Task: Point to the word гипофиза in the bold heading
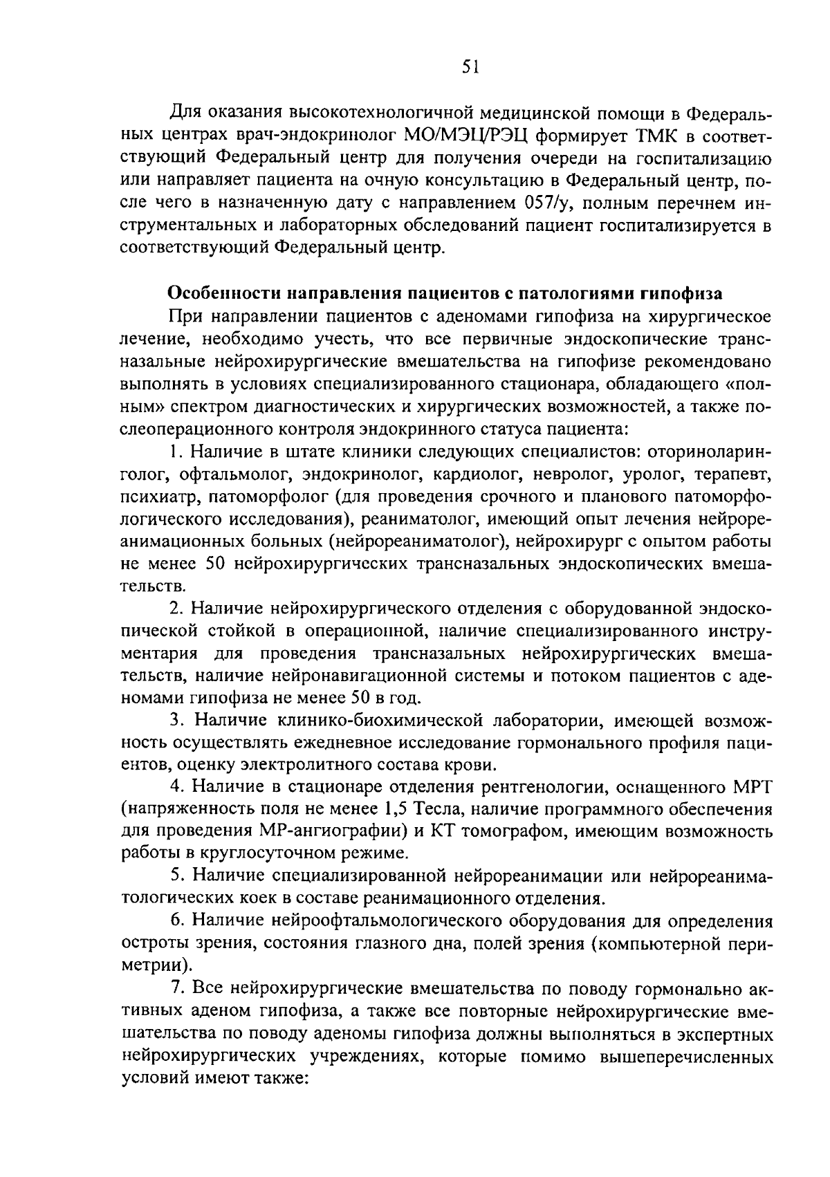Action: [x=681, y=294]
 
